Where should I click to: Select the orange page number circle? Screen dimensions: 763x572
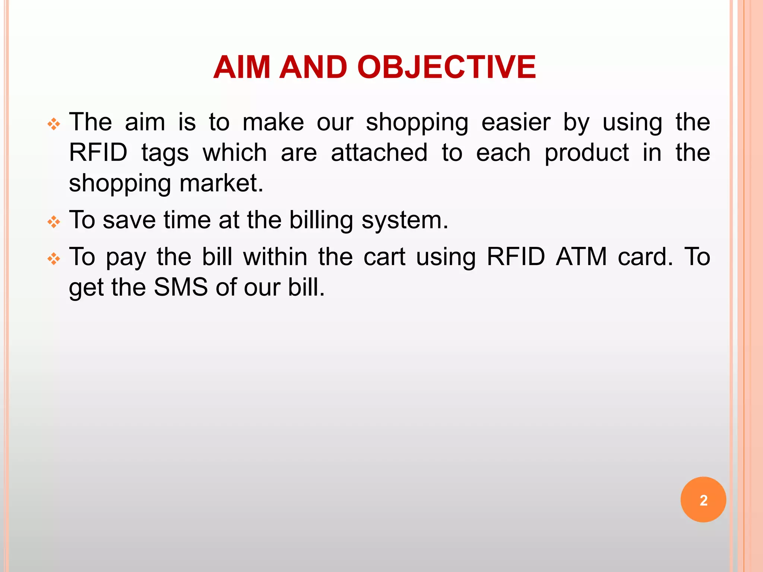pos(703,499)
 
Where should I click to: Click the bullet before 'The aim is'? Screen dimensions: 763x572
pos(54,124)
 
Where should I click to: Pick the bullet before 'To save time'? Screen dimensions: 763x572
pos(54,222)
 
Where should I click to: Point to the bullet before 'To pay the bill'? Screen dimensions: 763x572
pos(54,259)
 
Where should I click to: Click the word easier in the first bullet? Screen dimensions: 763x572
pos(516,123)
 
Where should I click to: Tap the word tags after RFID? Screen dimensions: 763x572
pos(165,153)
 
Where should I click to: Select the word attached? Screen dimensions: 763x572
pos(379,153)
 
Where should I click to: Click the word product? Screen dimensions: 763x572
pos(586,153)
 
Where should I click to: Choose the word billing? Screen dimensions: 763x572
pos(321,220)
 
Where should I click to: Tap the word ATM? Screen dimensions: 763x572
pos(581,257)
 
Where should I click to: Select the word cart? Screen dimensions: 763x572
pos(384,257)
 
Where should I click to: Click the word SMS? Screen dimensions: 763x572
pos(181,287)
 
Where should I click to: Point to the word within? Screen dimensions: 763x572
pos(275,257)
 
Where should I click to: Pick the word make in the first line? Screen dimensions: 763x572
pos(273,123)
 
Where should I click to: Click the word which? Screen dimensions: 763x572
pos(235,153)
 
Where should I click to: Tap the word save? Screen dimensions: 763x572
pos(129,220)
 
